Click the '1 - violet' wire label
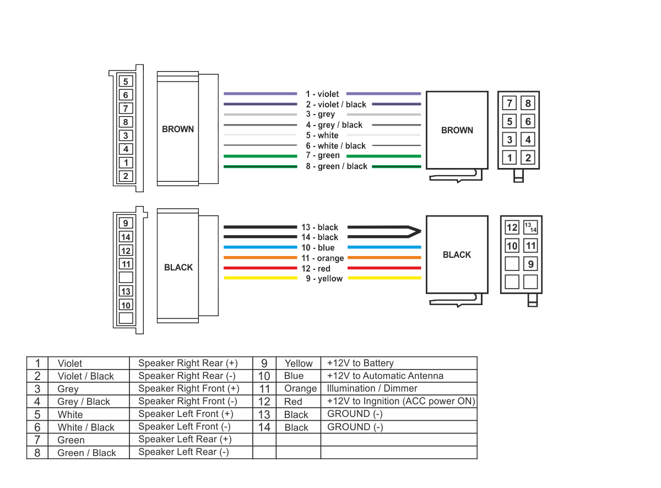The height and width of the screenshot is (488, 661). click(x=322, y=94)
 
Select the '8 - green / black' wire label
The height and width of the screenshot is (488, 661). click(x=337, y=166)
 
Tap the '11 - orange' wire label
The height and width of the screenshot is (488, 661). click(x=322, y=258)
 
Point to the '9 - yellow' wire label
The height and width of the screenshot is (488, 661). click(x=324, y=279)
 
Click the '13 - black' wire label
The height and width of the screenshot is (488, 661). click(x=319, y=227)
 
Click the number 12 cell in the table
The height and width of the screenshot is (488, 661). click(x=264, y=402)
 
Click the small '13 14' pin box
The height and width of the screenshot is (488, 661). click(x=530, y=227)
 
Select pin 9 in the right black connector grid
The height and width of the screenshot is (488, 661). click(x=530, y=263)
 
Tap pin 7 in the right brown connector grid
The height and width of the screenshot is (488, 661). click(x=509, y=103)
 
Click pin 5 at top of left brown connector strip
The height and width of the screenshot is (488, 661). click(x=126, y=82)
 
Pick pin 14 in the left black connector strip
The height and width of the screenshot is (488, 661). click(x=126, y=237)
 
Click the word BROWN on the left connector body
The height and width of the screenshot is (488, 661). click(x=177, y=129)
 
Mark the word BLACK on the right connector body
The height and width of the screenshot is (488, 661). click(x=457, y=254)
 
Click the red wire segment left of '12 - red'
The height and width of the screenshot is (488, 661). click(x=260, y=268)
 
